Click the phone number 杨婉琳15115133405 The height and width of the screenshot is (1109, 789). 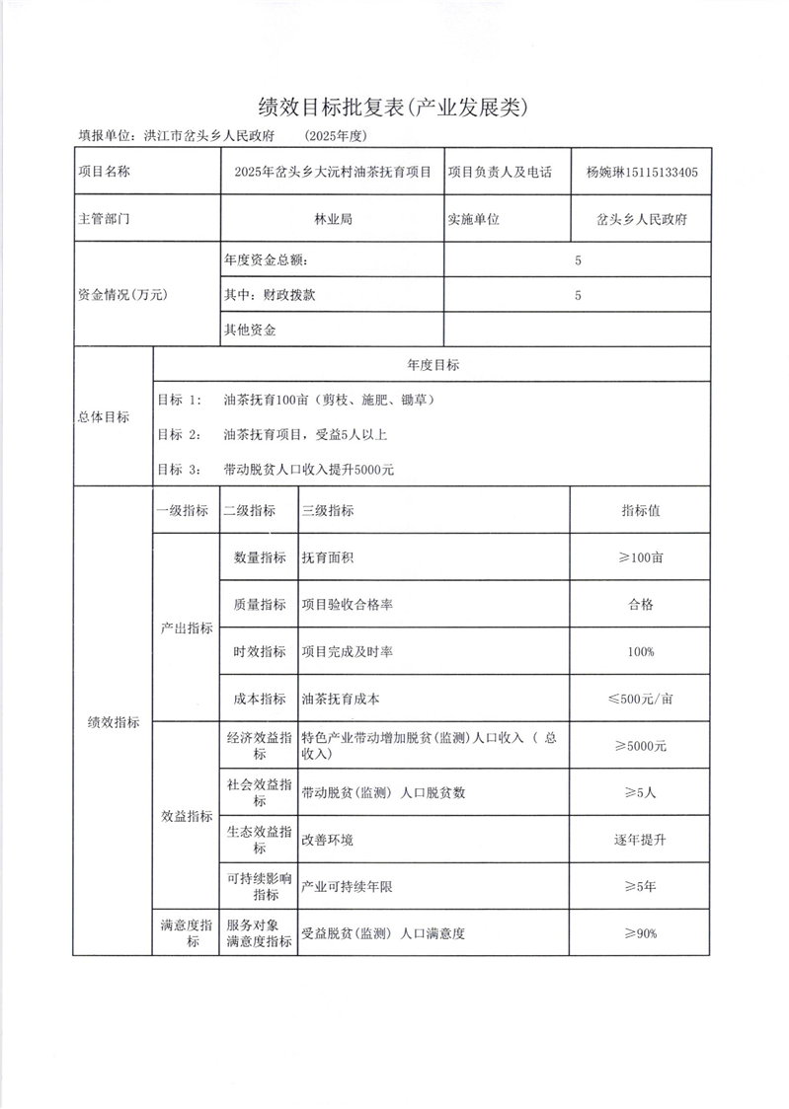point(642,172)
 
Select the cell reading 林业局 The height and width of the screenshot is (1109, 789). point(333,219)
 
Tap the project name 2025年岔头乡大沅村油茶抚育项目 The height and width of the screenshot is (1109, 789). point(333,172)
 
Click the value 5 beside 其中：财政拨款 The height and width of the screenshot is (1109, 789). point(578,295)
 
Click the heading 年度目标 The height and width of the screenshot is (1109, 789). point(433,365)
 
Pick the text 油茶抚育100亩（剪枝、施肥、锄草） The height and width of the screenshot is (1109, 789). point(330,401)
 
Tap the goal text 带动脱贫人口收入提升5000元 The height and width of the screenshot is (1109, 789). point(309,470)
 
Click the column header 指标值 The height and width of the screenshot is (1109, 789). point(640,510)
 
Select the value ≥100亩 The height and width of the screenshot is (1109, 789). point(640,557)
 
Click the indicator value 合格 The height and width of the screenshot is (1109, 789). point(640,605)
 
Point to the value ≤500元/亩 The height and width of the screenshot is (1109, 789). point(640,699)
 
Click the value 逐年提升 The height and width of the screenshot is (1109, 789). point(640,840)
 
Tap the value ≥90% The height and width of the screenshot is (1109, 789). point(640,933)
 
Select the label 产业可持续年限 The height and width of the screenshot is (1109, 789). point(348,887)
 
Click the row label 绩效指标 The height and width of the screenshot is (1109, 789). point(113,722)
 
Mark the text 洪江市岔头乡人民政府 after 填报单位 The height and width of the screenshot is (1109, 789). point(208,136)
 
